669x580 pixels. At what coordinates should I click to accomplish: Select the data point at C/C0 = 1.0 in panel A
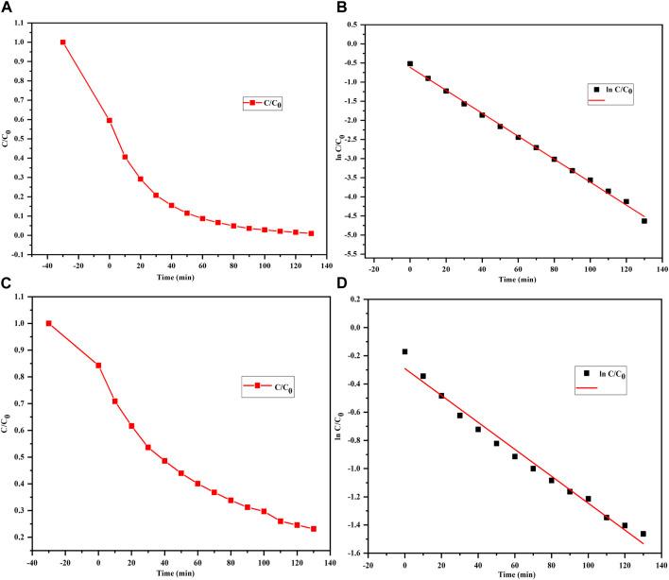tap(63, 42)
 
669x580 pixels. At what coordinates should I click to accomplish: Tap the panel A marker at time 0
tap(110, 120)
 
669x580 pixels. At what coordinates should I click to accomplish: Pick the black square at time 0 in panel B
tap(409, 63)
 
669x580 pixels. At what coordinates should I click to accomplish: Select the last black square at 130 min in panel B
tap(643, 221)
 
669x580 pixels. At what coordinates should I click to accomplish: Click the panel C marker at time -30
tap(49, 324)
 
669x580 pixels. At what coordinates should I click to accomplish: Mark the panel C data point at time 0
tap(98, 366)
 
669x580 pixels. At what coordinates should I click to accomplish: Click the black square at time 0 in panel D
tap(404, 351)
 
